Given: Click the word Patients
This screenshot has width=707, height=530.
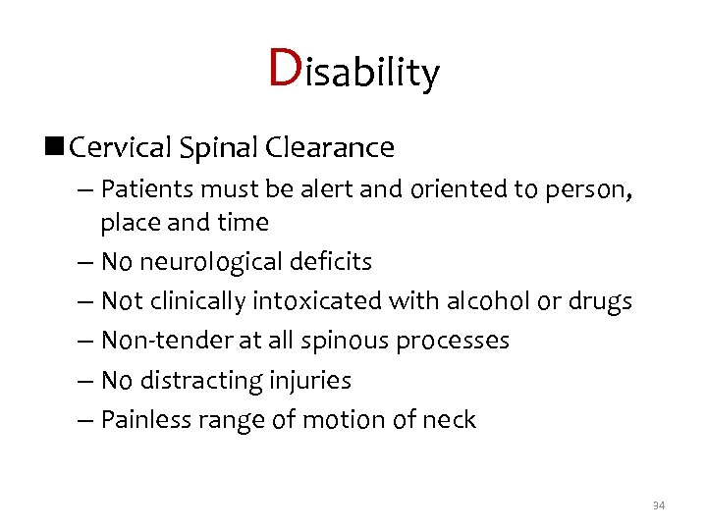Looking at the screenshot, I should (145, 187).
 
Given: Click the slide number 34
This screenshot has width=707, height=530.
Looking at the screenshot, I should (658, 505).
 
